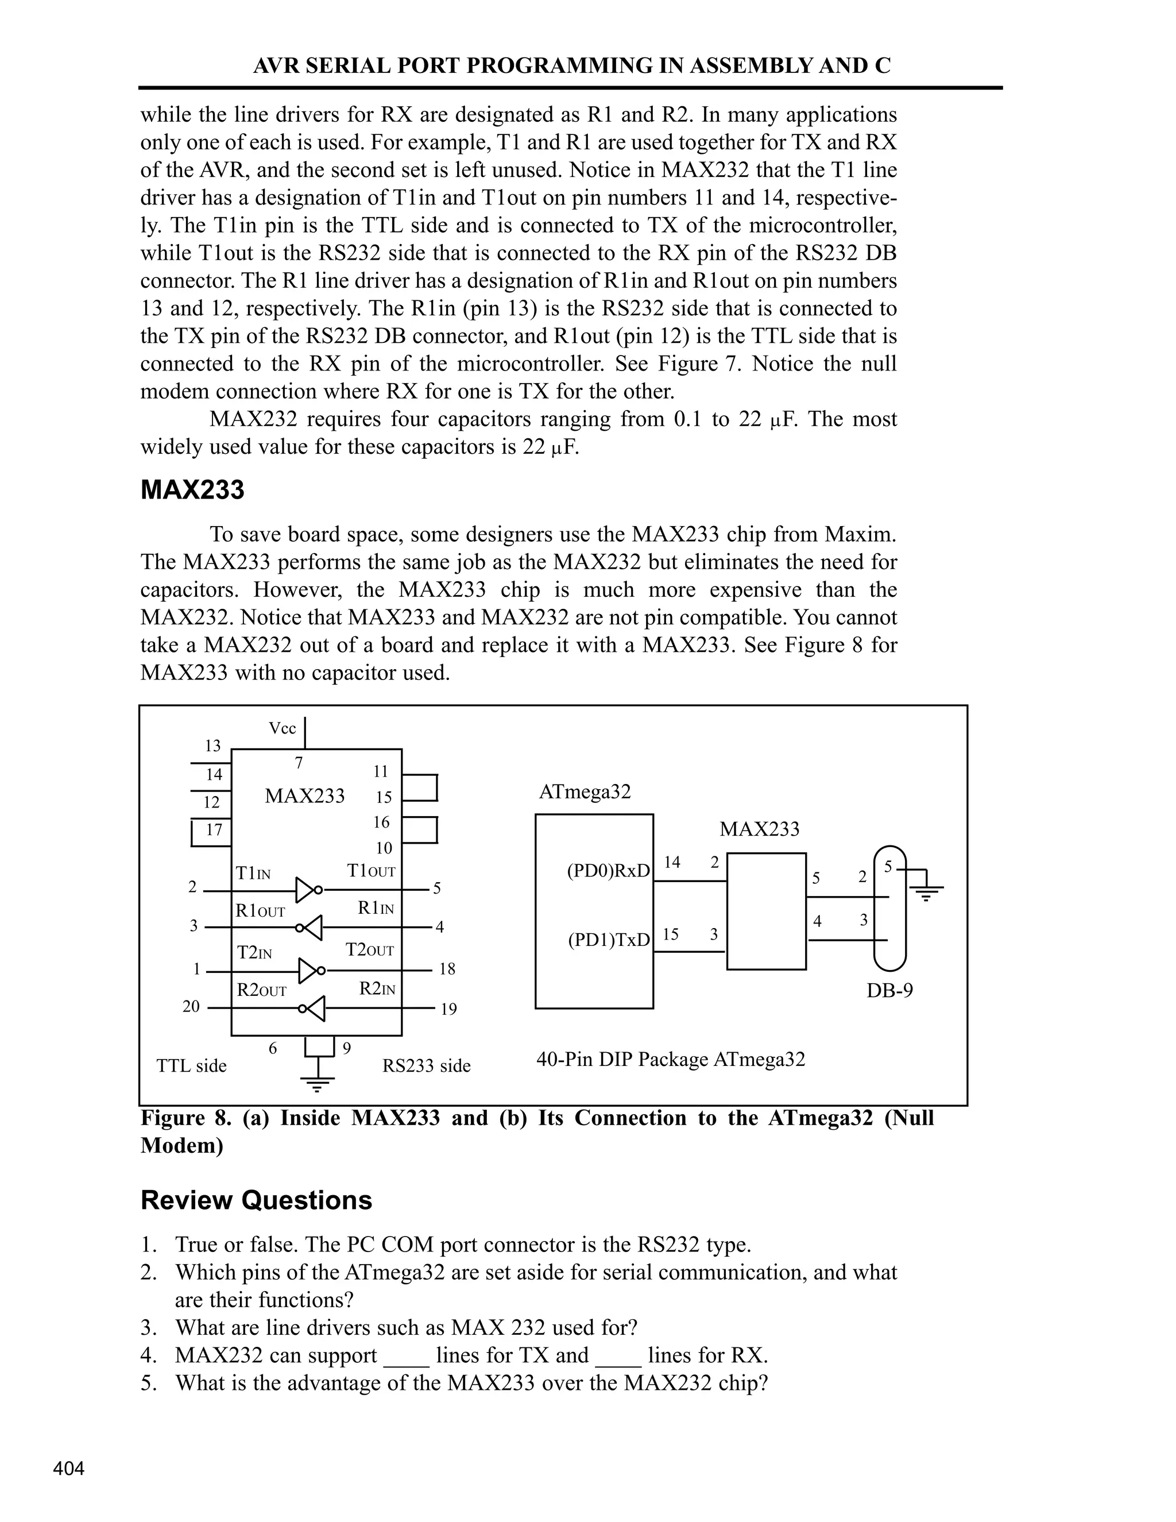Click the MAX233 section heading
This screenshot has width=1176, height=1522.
pos(192,490)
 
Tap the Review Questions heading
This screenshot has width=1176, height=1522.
pos(256,1200)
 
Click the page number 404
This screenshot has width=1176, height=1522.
pos(69,1469)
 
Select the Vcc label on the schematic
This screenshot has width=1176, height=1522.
pos(282,728)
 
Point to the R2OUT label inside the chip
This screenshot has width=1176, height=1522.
pos(261,990)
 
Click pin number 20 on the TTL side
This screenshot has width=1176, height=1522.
pos(191,1006)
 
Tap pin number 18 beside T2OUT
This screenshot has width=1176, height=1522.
pos(447,969)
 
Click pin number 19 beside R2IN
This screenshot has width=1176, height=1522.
pos(448,1009)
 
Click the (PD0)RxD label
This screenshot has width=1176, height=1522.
pos(608,871)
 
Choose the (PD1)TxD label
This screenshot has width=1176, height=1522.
pos(608,940)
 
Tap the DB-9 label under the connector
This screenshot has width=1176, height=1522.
pos(889,990)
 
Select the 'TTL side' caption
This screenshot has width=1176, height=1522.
pos(192,1065)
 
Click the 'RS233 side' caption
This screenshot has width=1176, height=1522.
pos(427,1065)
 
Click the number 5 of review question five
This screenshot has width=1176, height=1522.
pos(146,1382)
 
